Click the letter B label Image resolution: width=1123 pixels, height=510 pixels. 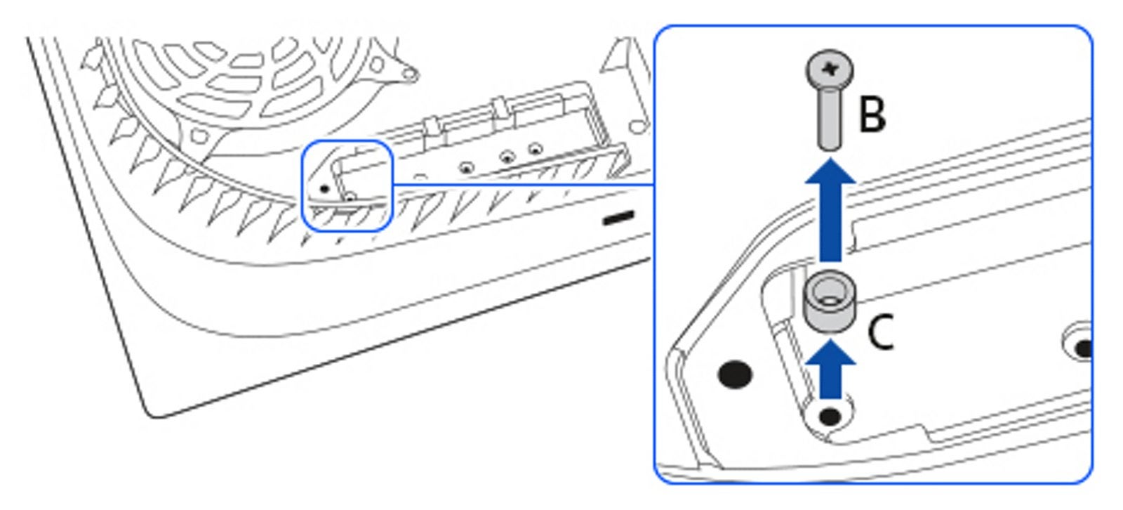point(872,115)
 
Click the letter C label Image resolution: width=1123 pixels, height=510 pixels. point(881,332)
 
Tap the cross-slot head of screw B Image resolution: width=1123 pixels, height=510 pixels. point(830,69)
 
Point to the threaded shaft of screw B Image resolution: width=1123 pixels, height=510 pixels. point(829,119)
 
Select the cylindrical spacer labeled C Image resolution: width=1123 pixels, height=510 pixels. point(829,301)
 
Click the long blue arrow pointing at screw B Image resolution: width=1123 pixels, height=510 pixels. point(830,210)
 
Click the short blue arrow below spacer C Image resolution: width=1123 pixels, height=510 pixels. point(830,370)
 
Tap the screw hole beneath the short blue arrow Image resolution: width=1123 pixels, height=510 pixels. point(830,416)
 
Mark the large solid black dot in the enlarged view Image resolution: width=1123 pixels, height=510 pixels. point(735,374)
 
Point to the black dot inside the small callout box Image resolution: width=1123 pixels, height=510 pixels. point(324,189)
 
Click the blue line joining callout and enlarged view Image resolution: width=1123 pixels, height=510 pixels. point(524,185)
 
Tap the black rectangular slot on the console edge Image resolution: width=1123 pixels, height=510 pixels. point(618,218)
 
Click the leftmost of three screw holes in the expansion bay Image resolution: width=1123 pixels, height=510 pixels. point(467,167)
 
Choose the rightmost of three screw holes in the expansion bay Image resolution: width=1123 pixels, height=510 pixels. point(536,149)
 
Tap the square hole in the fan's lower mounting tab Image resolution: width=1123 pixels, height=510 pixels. point(199,136)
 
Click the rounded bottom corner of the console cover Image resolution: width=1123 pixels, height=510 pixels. point(154,414)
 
